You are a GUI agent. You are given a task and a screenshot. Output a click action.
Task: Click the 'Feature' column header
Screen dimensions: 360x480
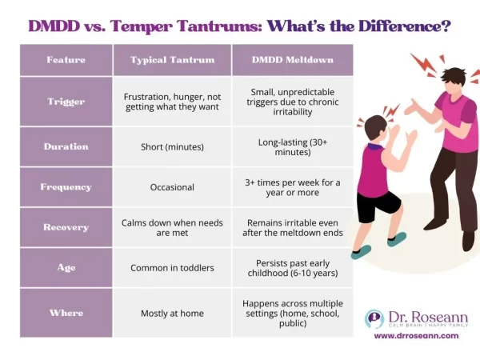pos(66,60)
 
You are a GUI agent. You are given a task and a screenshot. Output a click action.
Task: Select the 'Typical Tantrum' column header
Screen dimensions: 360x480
pos(172,60)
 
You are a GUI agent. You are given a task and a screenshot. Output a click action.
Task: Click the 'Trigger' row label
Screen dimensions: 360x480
pos(66,101)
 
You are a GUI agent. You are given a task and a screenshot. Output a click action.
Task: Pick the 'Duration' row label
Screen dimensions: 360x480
pos(66,146)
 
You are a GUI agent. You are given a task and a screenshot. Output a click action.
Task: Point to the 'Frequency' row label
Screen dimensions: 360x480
pos(66,187)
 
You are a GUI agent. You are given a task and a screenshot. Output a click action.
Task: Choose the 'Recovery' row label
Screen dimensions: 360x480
pos(66,227)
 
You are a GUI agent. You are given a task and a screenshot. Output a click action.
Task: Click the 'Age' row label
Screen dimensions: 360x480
pos(66,267)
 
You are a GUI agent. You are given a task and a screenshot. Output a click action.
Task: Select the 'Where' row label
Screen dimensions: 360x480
pos(66,314)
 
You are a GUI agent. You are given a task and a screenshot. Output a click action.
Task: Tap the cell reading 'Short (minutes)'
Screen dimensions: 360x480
pos(172,146)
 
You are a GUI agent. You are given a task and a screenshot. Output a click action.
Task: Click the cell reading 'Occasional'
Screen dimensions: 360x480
pos(172,187)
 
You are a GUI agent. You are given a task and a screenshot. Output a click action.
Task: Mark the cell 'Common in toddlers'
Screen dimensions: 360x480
pos(172,268)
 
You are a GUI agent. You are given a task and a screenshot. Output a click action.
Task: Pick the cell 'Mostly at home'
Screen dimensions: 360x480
pos(172,314)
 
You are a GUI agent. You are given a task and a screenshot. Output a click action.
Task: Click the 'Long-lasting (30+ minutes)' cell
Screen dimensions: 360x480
pos(292,146)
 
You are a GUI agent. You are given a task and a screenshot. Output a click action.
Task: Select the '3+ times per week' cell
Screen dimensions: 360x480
pos(292,187)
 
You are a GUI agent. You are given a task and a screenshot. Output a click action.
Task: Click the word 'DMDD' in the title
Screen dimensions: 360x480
pos(56,26)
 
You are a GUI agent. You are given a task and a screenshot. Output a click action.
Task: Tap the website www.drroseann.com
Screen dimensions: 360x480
pos(416,336)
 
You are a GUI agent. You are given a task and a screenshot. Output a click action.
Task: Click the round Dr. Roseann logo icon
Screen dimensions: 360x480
pos(374,318)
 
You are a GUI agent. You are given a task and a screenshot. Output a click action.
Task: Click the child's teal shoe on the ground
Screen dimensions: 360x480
pos(362,251)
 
